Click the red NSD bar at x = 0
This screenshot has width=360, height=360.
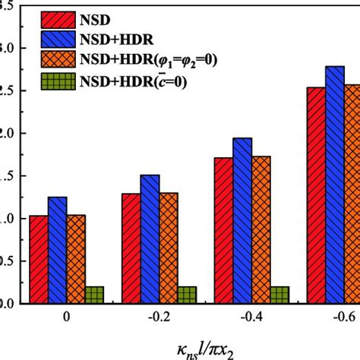(38, 260)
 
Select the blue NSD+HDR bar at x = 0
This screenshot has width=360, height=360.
(57, 251)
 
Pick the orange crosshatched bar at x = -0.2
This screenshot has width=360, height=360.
(169, 248)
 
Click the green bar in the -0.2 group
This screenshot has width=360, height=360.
(187, 295)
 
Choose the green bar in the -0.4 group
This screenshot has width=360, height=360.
(279, 295)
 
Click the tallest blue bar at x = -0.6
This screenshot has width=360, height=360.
(335, 185)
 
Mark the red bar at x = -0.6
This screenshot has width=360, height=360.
(316, 196)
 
